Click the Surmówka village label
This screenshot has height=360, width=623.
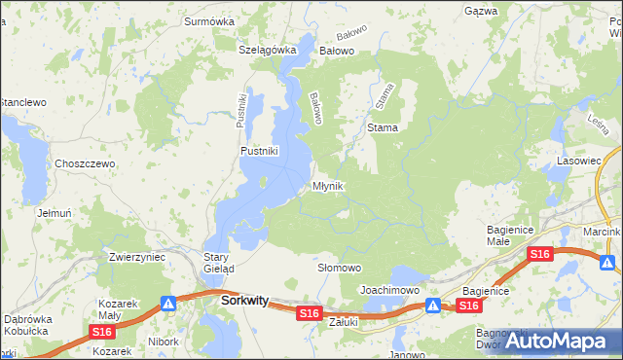[212, 19]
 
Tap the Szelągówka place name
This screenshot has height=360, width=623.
[267, 50]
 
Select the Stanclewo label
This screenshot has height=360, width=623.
[22, 101]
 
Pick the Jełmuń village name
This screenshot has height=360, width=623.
[54, 212]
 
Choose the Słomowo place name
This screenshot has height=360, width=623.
[340, 267]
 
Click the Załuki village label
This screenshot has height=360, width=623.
[345, 320]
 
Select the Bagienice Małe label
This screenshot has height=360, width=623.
[511, 235]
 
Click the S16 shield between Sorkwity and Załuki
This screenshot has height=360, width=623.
[310, 312]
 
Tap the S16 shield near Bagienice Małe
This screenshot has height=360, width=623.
[540, 254]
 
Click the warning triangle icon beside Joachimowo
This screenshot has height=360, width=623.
[432, 305]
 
